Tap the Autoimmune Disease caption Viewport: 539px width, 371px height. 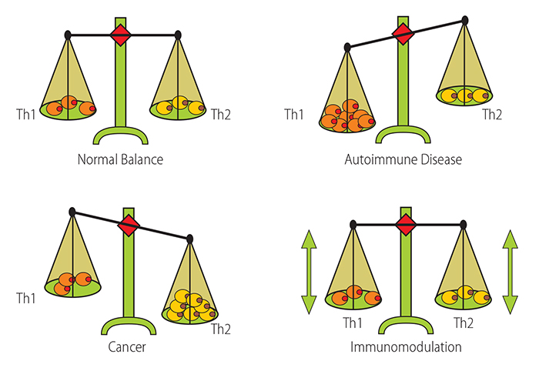pyautogui.click(x=403, y=161)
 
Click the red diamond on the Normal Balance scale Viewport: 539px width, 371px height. pyautogui.click(x=122, y=34)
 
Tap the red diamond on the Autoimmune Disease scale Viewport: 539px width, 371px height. pyautogui.click(x=401, y=33)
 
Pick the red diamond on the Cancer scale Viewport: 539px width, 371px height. pyautogui.click(x=129, y=226)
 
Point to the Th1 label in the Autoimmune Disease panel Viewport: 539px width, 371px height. pyautogui.click(x=294, y=115)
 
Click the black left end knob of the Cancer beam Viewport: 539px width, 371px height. pyautogui.click(x=72, y=211)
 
